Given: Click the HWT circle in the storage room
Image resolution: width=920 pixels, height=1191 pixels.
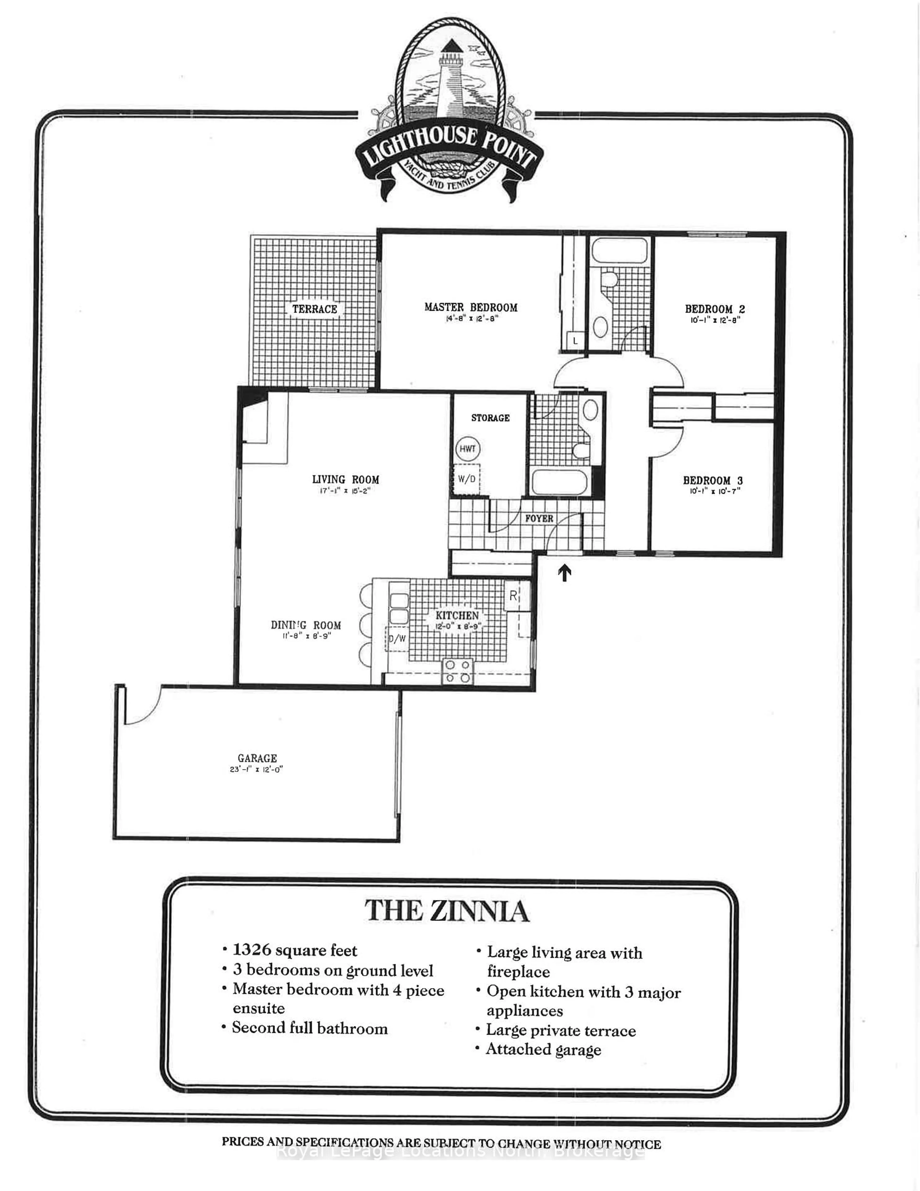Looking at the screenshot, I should [467, 449].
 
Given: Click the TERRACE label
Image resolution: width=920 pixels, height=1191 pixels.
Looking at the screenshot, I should [315, 309].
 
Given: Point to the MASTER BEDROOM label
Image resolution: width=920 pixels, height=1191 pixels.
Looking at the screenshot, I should [471, 307].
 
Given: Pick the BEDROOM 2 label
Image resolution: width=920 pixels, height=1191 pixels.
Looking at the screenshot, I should [714, 309].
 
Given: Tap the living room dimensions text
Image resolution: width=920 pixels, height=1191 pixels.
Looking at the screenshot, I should [345, 491].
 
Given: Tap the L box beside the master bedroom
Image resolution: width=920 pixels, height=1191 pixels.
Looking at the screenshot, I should [575, 341].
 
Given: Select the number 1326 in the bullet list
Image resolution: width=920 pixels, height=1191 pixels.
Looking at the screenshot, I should [252, 950].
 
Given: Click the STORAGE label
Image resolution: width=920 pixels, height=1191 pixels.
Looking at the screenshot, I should [490, 418].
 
